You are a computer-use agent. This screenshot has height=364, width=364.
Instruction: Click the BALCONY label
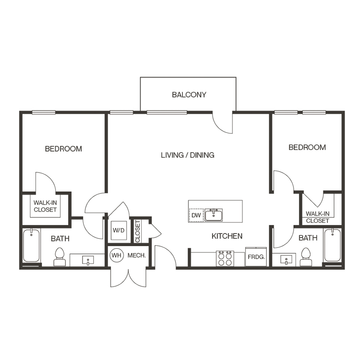(189, 95)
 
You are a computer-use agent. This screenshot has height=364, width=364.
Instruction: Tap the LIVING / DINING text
(187, 155)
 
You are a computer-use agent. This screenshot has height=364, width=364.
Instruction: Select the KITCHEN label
(227, 236)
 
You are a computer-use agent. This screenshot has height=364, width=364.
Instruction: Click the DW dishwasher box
(196, 216)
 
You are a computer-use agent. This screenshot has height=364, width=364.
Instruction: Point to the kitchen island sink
(213, 215)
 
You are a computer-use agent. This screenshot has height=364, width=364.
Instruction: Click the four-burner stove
(225, 258)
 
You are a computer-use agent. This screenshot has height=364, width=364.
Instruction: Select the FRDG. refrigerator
(256, 257)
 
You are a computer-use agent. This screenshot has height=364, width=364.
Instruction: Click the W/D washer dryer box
(119, 231)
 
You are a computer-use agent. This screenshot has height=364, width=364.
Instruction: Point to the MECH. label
(136, 256)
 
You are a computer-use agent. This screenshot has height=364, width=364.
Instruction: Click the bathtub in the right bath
(333, 245)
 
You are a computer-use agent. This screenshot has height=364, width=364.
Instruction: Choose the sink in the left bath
(88, 260)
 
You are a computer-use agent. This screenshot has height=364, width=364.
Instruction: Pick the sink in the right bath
(286, 260)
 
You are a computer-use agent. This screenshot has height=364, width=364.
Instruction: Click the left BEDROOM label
(63, 149)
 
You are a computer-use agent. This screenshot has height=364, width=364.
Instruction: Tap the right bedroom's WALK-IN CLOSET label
(317, 217)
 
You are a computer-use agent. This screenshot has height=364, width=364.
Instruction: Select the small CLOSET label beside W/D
(138, 231)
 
